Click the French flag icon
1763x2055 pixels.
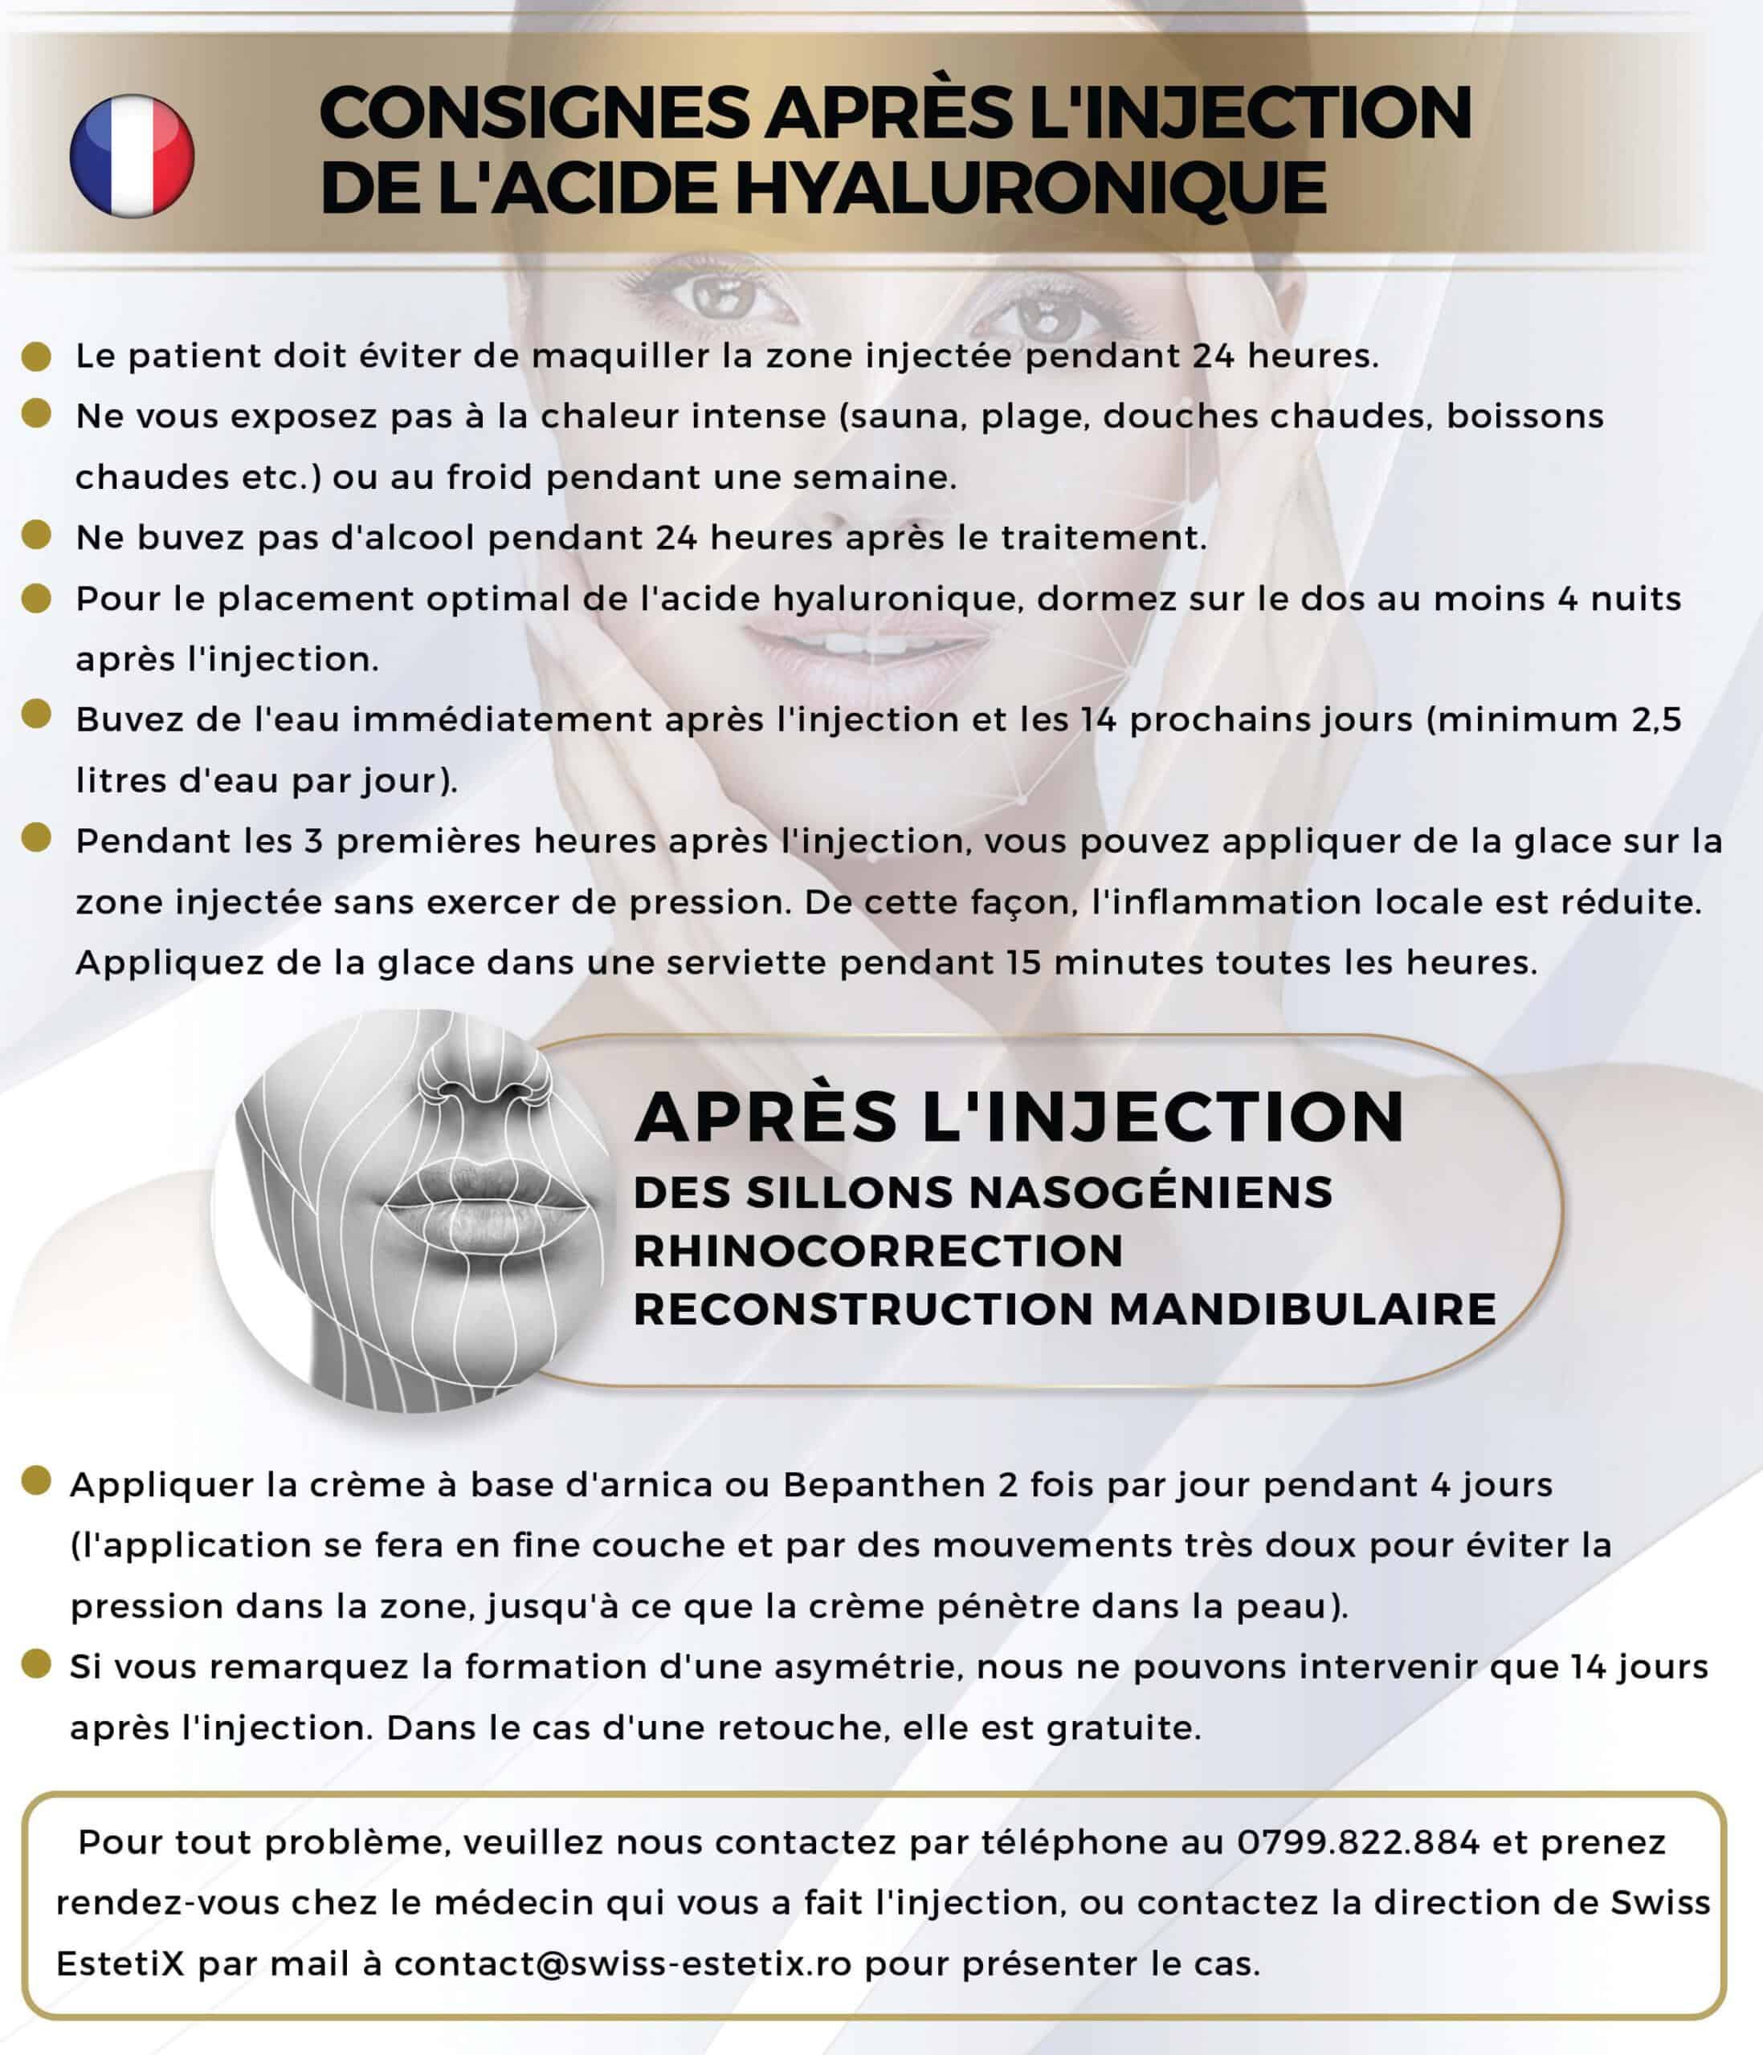(131, 156)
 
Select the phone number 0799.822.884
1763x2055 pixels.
(1357, 1841)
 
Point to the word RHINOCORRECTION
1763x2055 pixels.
(877, 1251)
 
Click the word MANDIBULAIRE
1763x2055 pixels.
(1302, 1309)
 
